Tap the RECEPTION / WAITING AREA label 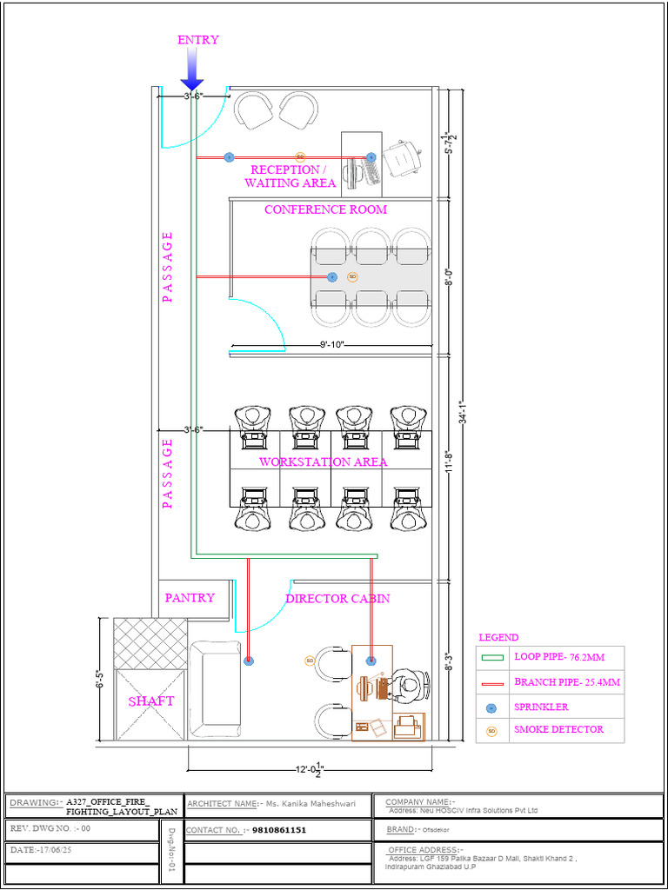click(291, 176)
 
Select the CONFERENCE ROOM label click(325, 209)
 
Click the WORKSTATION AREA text click(323, 462)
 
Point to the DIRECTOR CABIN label click(337, 598)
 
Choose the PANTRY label click(190, 597)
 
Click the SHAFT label click(151, 701)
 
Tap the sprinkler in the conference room click(331, 277)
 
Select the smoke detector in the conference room click(352, 277)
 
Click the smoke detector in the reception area click(300, 157)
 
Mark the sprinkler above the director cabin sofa click(249, 661)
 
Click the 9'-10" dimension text click(331, 345)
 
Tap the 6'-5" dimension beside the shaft click(99, 680)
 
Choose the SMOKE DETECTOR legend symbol click(491, 731)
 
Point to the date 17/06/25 click(56, 850)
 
